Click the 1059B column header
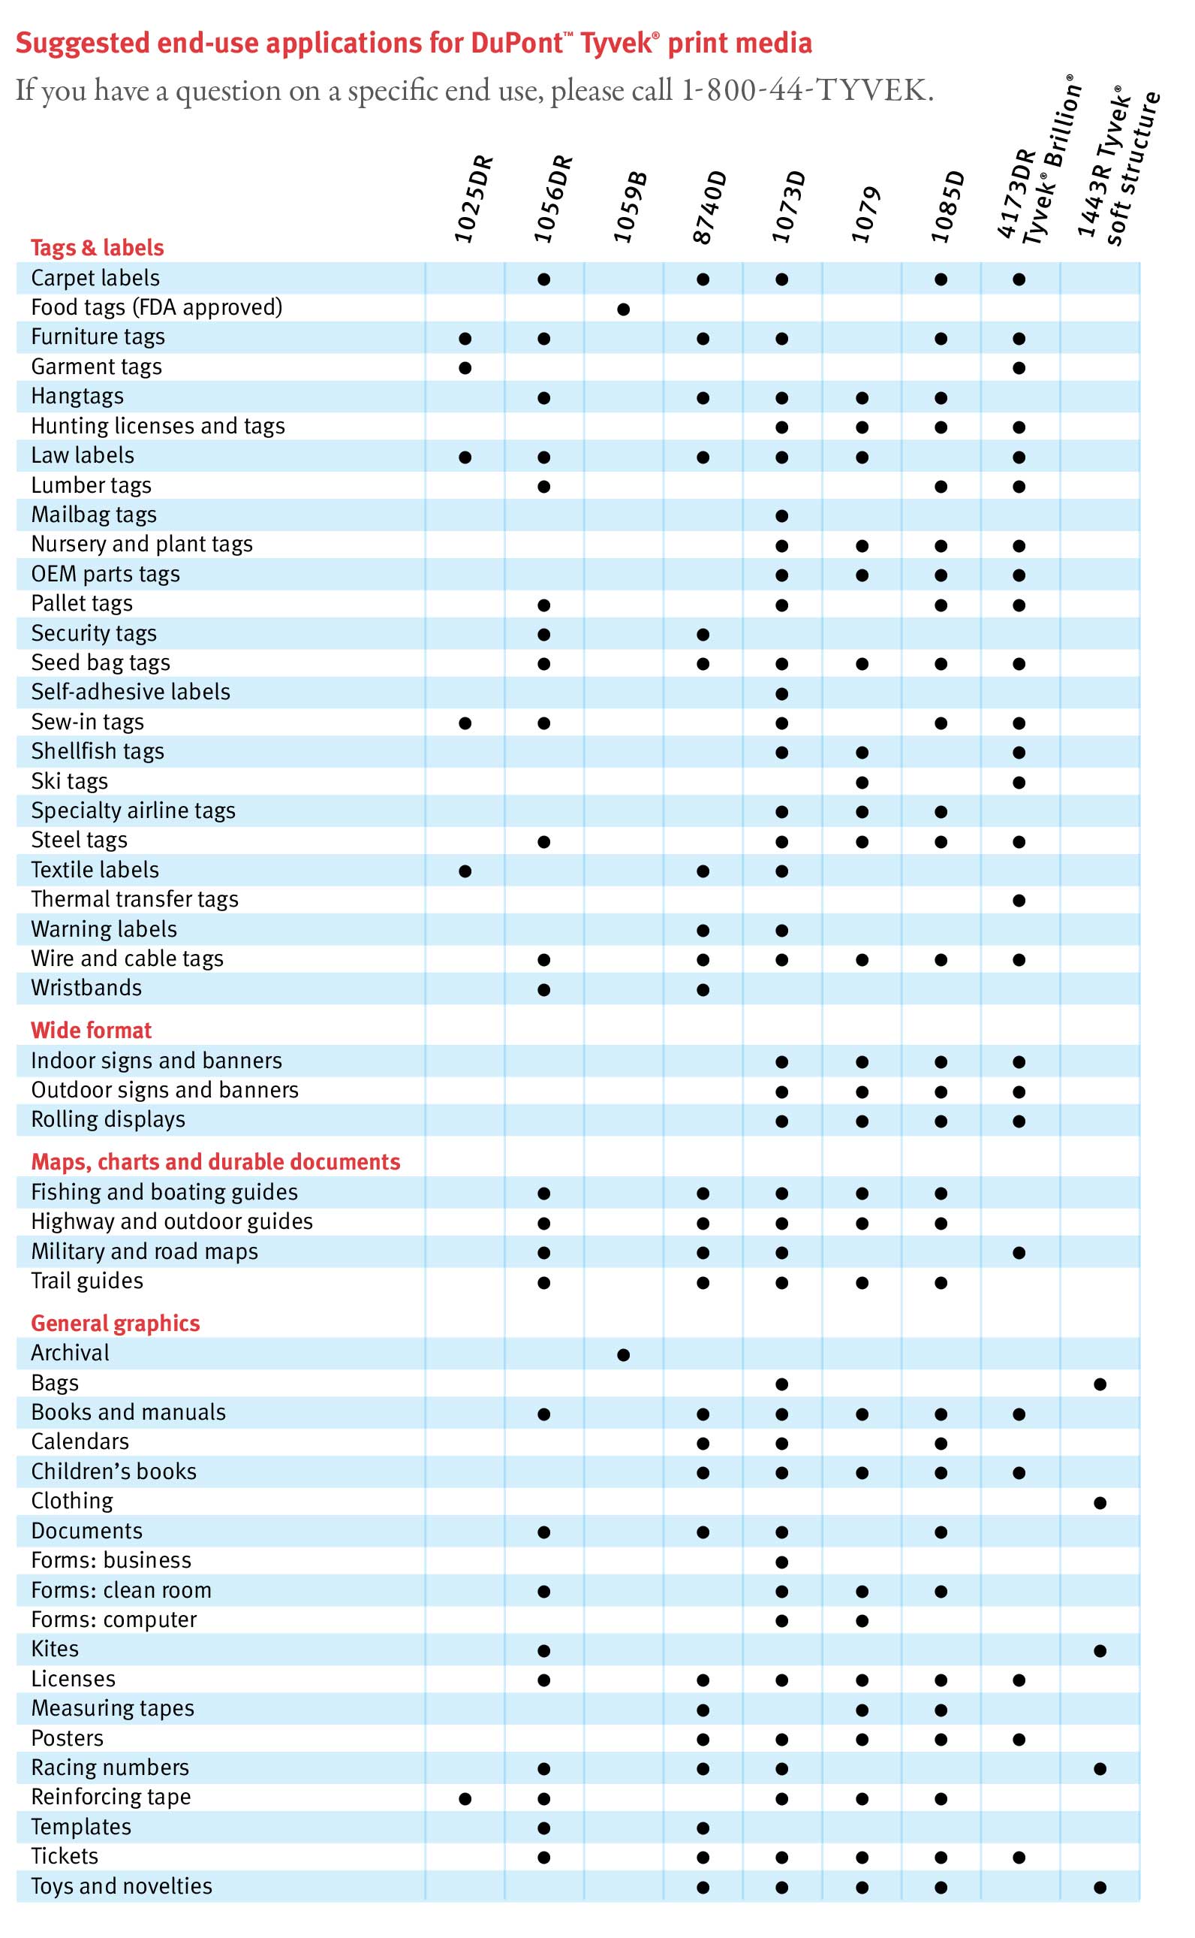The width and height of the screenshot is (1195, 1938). pos(630,207)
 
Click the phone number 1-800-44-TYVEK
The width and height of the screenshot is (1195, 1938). pos(807,91)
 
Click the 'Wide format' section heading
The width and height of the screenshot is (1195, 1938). pos(91,1031)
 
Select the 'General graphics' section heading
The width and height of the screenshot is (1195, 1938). pos(116,1324)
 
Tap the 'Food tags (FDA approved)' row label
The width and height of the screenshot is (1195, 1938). pos(156,306)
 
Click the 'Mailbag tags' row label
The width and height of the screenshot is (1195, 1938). pos(94,515)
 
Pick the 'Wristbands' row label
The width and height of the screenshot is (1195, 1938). pos(87,988)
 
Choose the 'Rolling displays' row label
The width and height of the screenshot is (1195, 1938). pos(108,1120)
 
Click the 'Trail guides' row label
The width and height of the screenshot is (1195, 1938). pos(88,1281)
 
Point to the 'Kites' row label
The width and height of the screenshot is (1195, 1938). pos(56,1649)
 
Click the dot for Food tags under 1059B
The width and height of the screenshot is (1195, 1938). pos(624,309)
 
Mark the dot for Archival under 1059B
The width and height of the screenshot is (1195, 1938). pos(624,1355)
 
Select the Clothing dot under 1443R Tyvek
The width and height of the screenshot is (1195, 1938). pos(1100,1503)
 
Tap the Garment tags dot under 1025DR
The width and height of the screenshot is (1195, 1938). pos(465,367)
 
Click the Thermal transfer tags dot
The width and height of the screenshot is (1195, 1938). pos(1019,901)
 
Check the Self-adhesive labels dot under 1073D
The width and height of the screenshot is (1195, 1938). pos(781,694)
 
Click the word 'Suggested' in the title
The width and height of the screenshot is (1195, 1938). pos(83,43)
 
